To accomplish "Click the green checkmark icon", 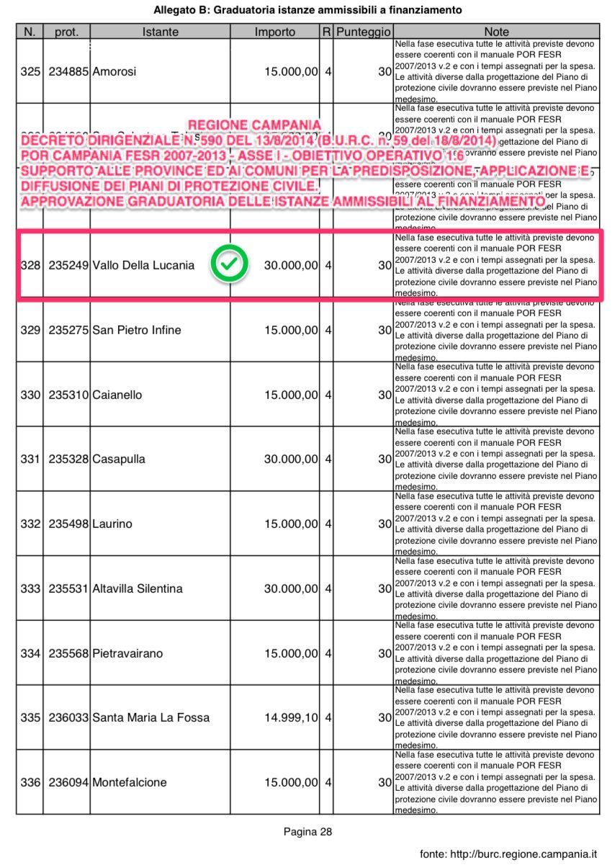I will click(x=229, y=264).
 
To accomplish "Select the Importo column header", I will click(x=275, y=32).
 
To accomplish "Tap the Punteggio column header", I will click(x=364, y=32).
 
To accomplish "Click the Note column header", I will click(x=496, y=32).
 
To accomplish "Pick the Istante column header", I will click(x=161, y=32).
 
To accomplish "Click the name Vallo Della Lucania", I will click(x=143, y=265).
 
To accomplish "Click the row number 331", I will click(x=30, y=459).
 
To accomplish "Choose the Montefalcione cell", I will click(x=130, y=782).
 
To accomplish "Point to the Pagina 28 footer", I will click(x=307, y=832).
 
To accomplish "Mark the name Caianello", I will click(x=117, y=395).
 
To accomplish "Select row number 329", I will click(x=30, y=330).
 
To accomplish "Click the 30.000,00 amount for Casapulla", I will click(x=291, y=459).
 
